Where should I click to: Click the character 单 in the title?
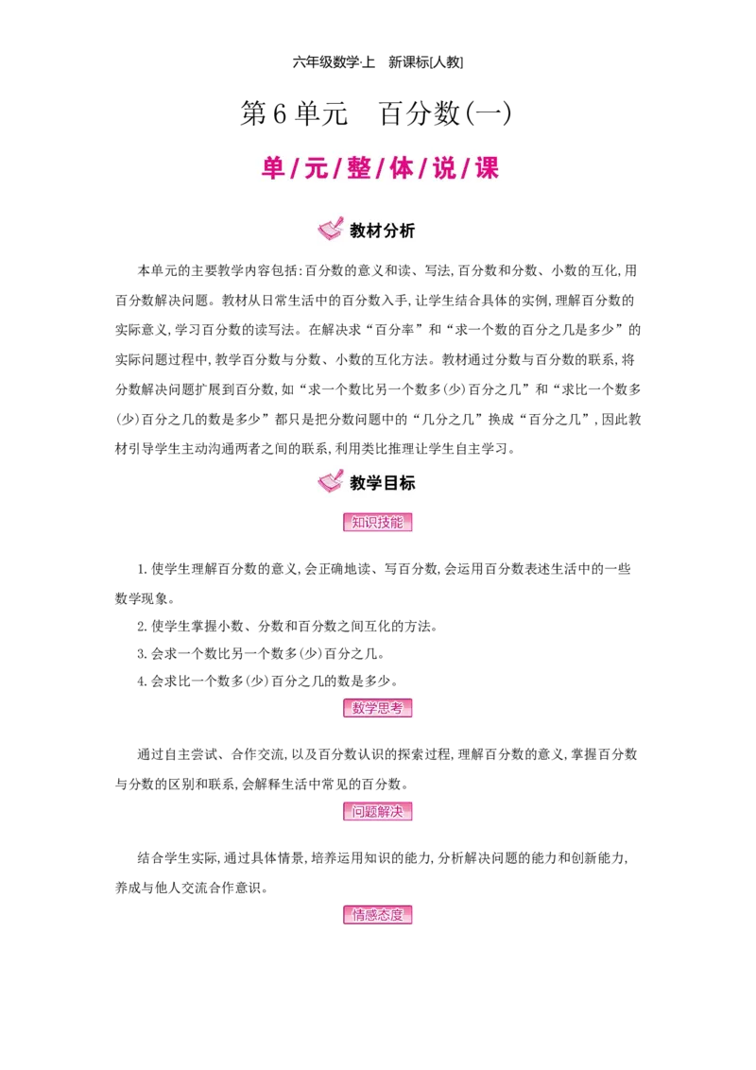[x=273, y=169]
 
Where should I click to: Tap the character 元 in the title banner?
[x=316, y=169]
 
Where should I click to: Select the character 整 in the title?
[x=358, y=169]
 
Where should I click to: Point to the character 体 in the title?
[x=402, y=169]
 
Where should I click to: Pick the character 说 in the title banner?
[x=444, y=169]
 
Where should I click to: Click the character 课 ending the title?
[x=487, y=169]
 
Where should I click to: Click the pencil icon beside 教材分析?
[x=330, y=230]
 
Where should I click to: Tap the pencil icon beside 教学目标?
[x=330, y=481]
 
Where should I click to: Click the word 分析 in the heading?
[x=399, y=231]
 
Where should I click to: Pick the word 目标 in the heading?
[x=399, y=482]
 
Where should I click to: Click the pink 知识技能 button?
[x=378, y=522]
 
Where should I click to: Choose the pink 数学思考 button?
[x=378, y=707]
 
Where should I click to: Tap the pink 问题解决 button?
[x=378, y=811]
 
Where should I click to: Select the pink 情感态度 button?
[x=378, y=914]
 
